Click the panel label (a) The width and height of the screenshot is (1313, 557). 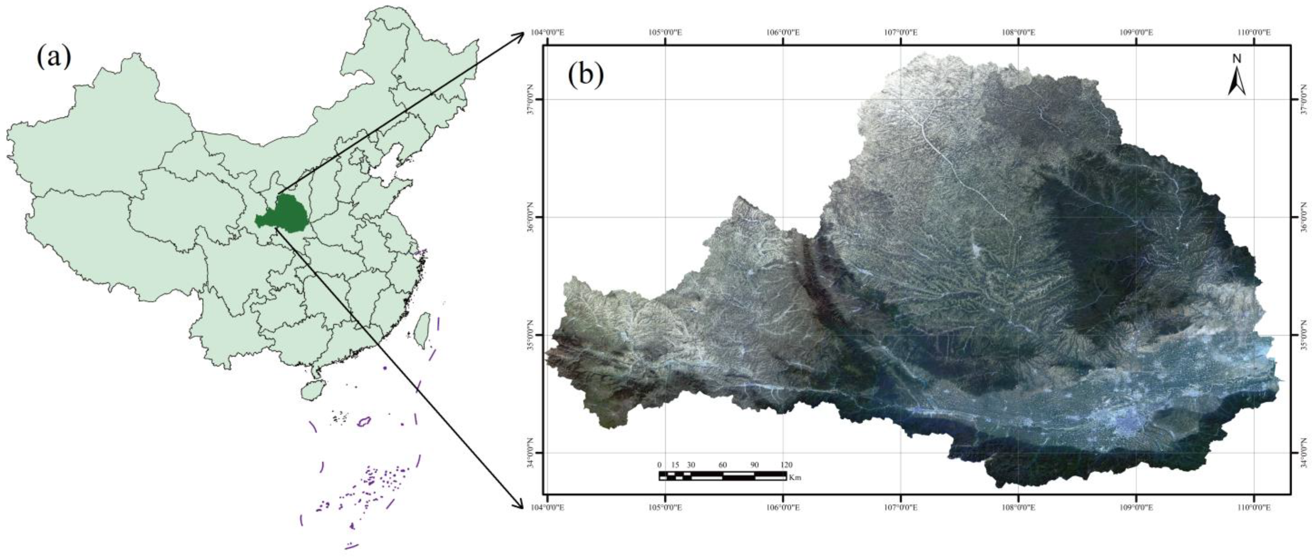tap(53, 57)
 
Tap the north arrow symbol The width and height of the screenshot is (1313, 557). tap(1237, 83)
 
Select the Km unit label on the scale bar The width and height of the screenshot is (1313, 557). tap(795, 478)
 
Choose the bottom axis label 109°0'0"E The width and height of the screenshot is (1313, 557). tap(1136, 507)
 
